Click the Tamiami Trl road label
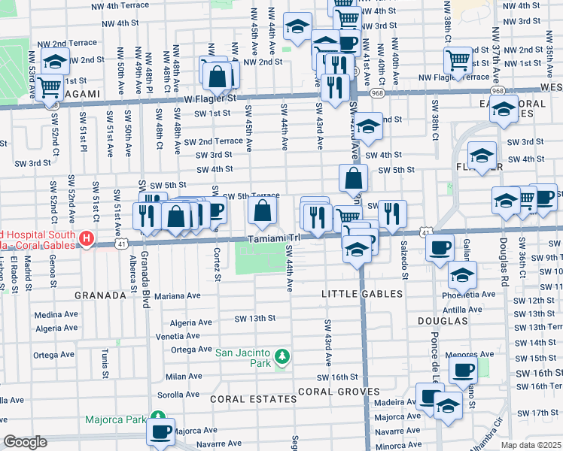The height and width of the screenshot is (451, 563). [x=274, y=238]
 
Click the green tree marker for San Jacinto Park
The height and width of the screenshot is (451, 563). [x=282, y=355]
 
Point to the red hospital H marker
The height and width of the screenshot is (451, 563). [x=87, y=239]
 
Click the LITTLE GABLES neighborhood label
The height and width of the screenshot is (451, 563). [x=358, y=292]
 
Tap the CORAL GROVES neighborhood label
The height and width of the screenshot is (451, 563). [x=338, y=392]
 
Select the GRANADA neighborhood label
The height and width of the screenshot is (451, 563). [x=100, y=295]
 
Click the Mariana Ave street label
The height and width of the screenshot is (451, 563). [x=178, y=295]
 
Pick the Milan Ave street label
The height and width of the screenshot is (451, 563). [x=184, y=377]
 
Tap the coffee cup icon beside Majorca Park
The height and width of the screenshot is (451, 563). [x=160, y=431]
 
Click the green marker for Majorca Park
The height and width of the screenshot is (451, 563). [x=157, y=416]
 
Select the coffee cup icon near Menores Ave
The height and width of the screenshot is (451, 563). [x=463, y=369]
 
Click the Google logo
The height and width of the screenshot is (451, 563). [x=25, y=442]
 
